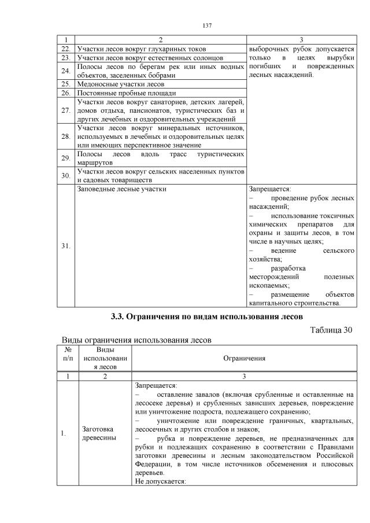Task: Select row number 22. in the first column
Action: point(65,49)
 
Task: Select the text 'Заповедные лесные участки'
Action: point(122,189)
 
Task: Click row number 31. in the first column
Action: point(65,245)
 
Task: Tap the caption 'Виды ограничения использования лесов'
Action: point(136,340)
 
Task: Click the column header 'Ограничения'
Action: point(244,358)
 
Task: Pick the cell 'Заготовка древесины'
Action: point(97,433)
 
